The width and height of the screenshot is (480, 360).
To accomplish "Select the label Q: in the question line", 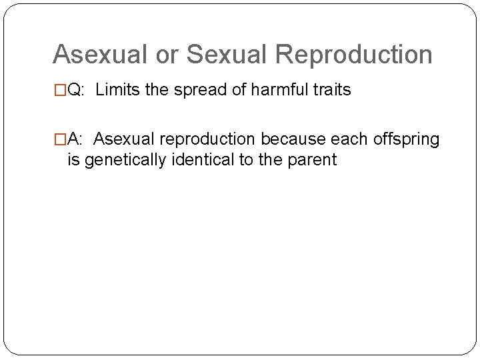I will pyautogui.click(x=76, y=91).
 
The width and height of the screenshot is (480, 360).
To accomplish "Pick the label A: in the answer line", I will pyautogui.click(x=75, y=139).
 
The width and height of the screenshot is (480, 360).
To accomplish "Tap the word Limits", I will pyautogui.click(x=117, y=91).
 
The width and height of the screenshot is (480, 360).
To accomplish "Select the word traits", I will pyautogui.click(x=329, y=91).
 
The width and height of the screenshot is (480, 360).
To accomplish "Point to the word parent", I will pyautogui.click(x=313, y=161).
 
